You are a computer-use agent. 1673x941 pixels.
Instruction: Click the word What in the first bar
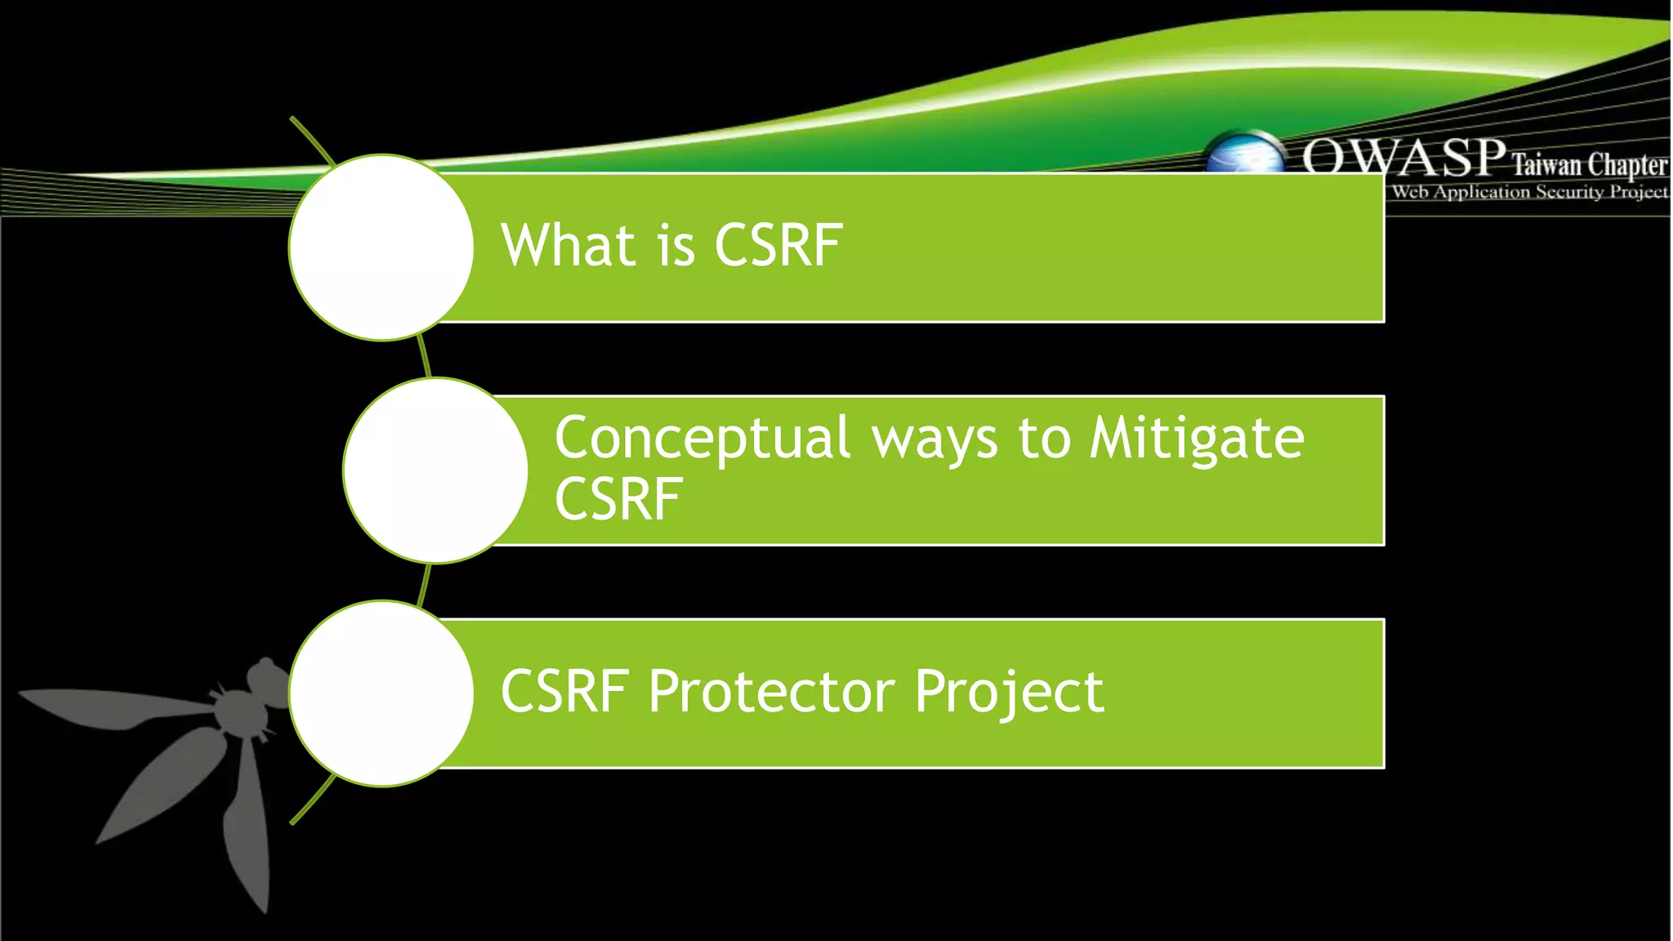pos(568,245)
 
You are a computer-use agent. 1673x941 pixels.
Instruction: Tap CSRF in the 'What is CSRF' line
pos(778,245)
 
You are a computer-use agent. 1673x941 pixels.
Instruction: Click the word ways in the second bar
pos(935,441)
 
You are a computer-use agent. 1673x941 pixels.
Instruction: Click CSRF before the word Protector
pos(564,692)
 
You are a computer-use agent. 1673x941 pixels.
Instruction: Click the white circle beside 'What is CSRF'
pos(381,248)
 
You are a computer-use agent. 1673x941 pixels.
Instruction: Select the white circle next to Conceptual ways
pos(435,470)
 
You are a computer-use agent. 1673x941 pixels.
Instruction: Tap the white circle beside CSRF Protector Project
pos(381,693)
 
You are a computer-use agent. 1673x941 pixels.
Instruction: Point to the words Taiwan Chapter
pos(1588,165)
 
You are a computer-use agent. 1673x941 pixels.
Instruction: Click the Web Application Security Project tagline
pos(1529,192)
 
